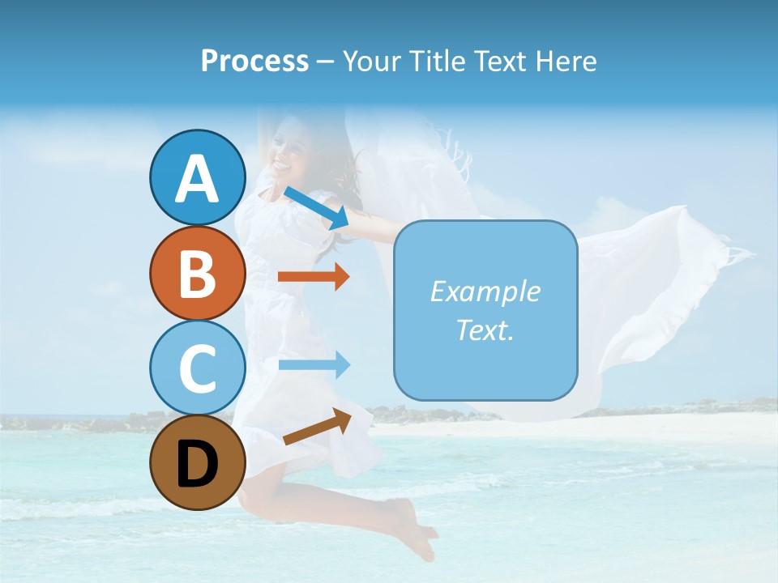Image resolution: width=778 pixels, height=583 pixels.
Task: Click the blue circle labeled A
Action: point(198,177)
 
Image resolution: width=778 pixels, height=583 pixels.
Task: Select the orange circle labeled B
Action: point(198,273)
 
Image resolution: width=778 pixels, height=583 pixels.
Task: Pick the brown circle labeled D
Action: point(198,462)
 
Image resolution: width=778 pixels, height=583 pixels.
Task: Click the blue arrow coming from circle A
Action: point(316,207)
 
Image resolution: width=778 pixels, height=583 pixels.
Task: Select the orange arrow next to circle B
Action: point(313,277)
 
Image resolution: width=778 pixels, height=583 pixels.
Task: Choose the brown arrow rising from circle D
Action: point(317,426)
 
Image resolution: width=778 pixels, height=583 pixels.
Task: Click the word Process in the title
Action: point(254,62)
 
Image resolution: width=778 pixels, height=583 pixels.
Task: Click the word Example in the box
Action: point(485,291)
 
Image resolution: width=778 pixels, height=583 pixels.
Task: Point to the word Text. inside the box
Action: point(485,330)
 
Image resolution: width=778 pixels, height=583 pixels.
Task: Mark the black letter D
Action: point(198,464)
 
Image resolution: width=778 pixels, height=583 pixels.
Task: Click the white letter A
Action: point(198,179)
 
